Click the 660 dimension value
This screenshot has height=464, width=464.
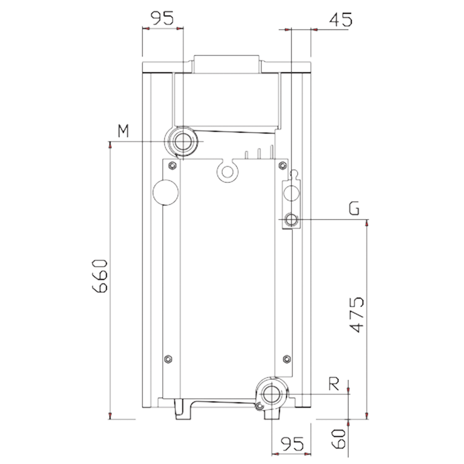tap(100, 276)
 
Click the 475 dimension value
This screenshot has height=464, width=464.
tap(357, 314)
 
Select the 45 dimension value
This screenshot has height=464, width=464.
tap(340, 20)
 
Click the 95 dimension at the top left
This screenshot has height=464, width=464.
tap(162, 19)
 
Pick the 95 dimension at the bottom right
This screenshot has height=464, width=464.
tap(292, 444)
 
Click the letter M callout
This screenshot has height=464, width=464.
tap(124, 131)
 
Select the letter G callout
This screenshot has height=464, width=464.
tap(354, 208)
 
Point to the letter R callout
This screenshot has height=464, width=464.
tap(334, 384)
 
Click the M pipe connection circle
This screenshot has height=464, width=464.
tap(183, 141)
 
